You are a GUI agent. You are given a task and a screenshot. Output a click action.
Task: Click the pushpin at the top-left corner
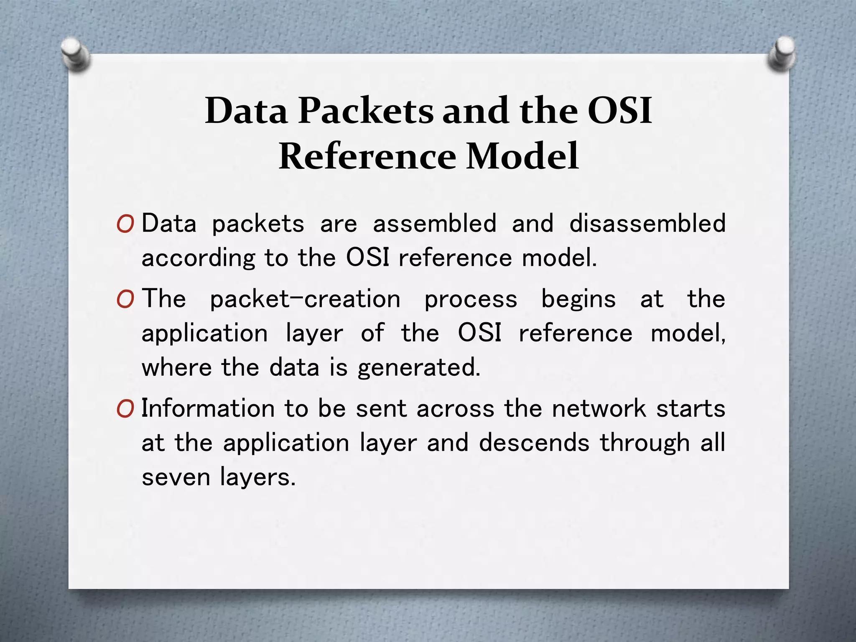[x=76, y=54]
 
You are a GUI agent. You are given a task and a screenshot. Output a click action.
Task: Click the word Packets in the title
[x=365, y=111]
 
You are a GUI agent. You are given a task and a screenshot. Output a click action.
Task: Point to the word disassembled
[x=647, y=223]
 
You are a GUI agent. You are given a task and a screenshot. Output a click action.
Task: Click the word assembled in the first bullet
[x=435, y=223]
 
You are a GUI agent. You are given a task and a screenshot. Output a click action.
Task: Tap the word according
[x=198, y=258]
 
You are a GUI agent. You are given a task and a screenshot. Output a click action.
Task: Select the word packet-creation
[x=305, y=299]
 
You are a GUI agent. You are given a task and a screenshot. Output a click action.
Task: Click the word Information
[x=208, y=408]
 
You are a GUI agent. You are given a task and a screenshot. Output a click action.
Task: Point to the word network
[x=599, y=408]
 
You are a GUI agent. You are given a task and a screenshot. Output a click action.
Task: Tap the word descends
[x=534, y=443]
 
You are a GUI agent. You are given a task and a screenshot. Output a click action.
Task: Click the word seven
[x=176, y=477]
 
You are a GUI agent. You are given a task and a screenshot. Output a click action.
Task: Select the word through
[x=645, y=443]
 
